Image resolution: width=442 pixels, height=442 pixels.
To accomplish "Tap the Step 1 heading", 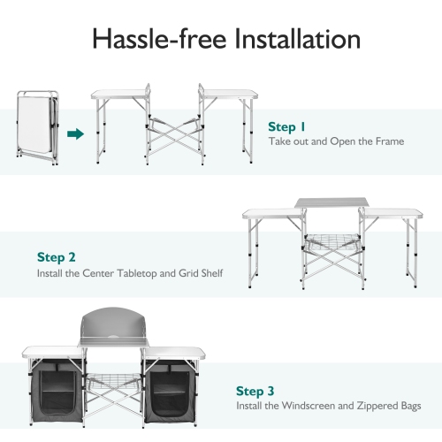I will [x=287, y=126].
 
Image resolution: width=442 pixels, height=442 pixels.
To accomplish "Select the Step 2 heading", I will [x=57, y=258].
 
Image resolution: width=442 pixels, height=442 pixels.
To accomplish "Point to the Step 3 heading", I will [x=255, y=390].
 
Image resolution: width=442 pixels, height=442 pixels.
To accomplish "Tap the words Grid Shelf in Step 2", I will [x=199, y=274].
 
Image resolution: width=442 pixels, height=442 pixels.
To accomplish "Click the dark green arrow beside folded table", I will [x=75, y=134].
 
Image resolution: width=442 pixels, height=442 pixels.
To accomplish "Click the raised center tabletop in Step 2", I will [x=327, y=205].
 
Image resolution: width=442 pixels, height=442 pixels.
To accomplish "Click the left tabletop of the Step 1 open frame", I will [x=118, y=95].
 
